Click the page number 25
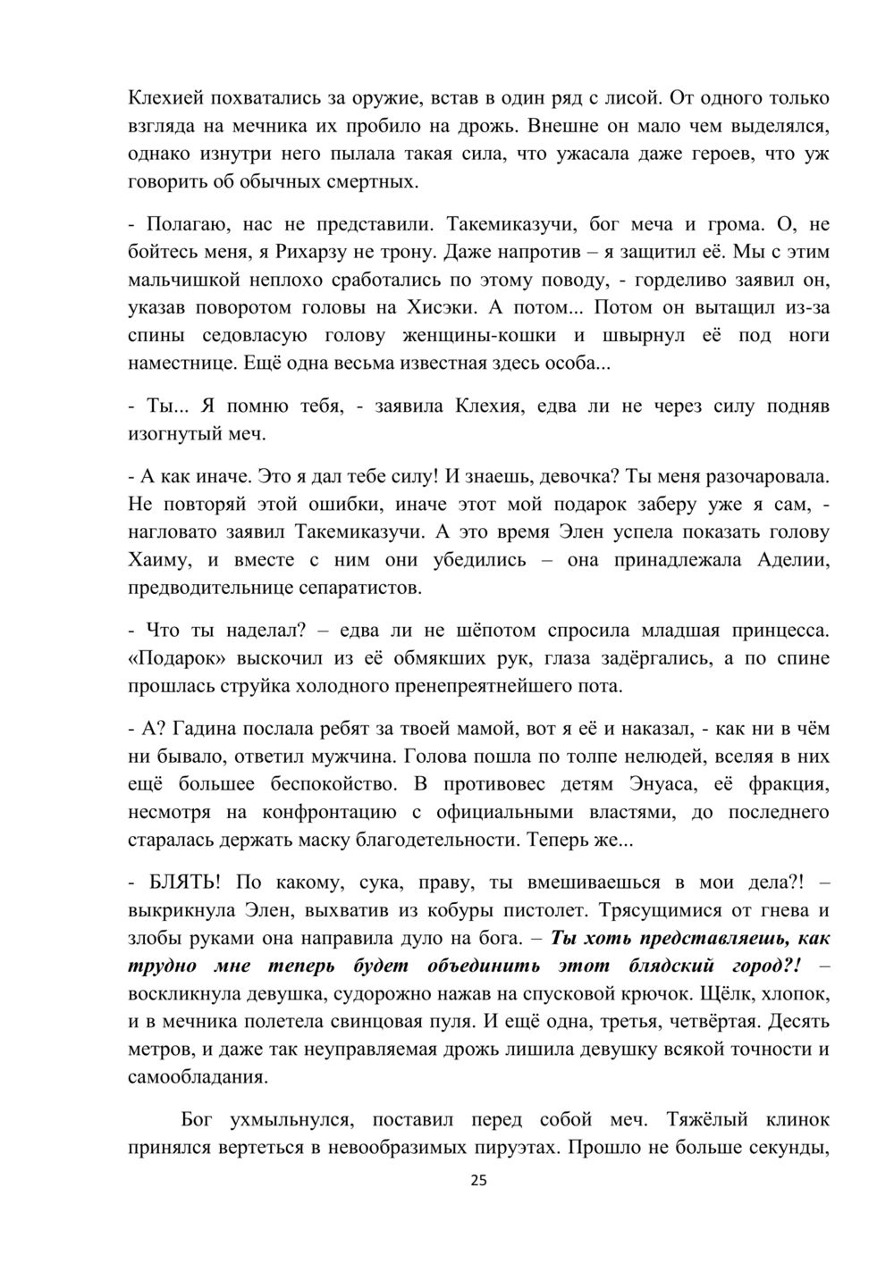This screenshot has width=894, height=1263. point(478,1182)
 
